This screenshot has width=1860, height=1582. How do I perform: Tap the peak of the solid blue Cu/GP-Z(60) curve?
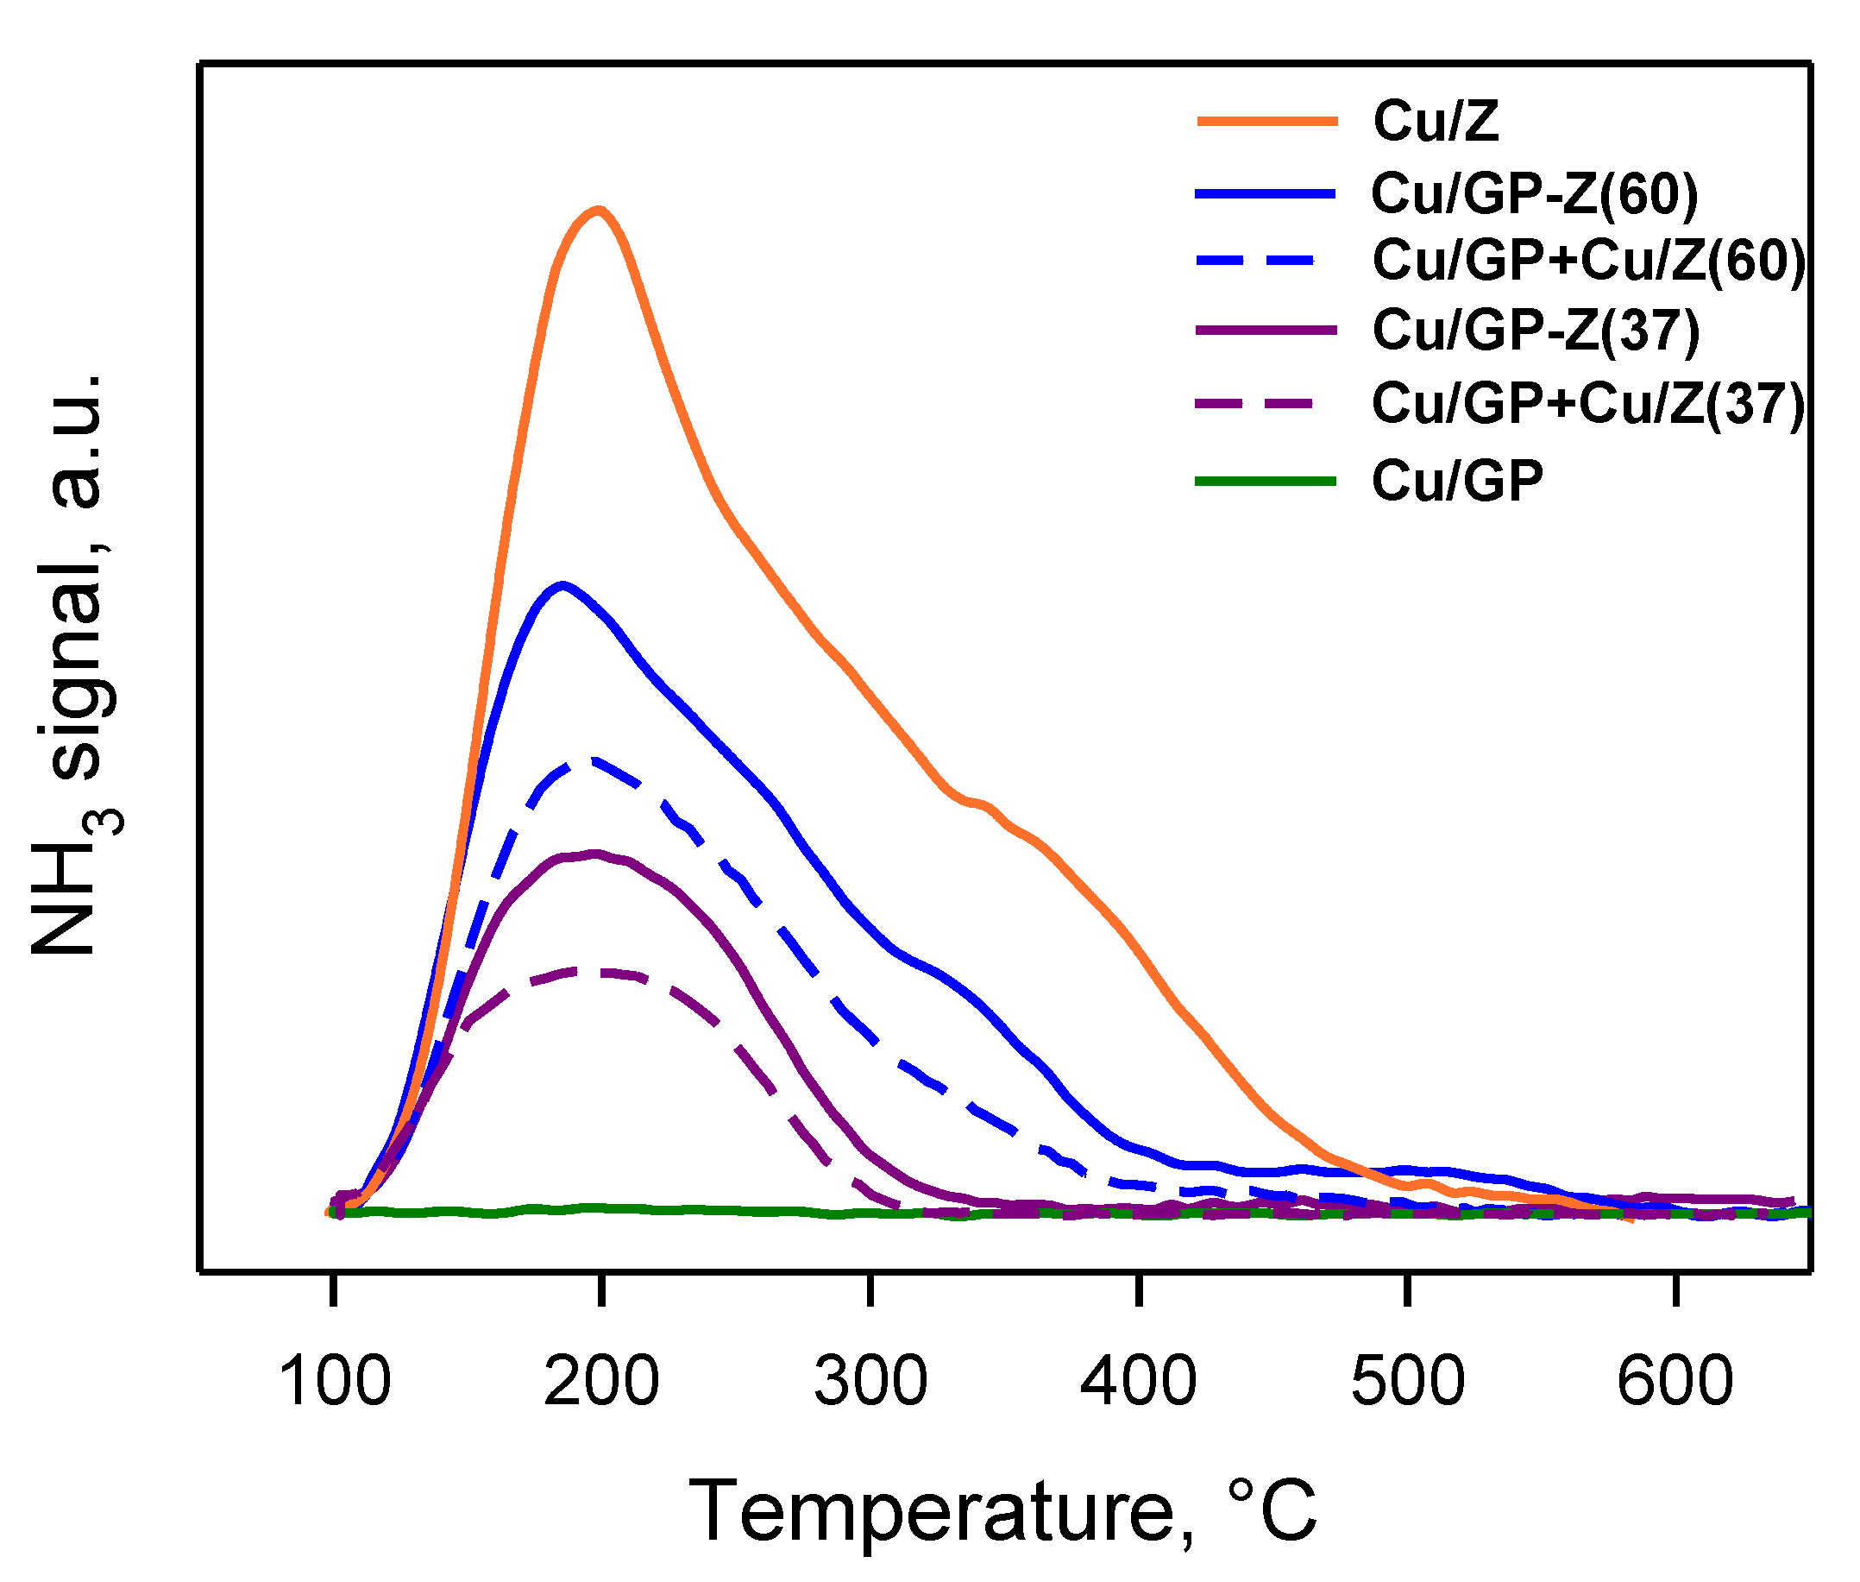click(562, 586)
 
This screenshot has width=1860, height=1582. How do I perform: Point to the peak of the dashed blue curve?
click(592, 759)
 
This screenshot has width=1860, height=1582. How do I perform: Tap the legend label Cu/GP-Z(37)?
click(1536, 330)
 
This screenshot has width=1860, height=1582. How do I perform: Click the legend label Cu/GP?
click(1457, 482)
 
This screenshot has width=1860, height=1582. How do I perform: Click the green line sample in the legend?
click(1266, 482)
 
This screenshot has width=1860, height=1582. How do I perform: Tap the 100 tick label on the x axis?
click(335, 1381)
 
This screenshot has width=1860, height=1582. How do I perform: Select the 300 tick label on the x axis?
click(870, 1381)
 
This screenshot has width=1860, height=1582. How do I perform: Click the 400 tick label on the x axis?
click(1139, 1381)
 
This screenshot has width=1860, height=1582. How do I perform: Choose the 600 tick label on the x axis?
click(1675, 1381)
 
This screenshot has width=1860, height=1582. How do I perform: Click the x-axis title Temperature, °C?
click(1002, 1513)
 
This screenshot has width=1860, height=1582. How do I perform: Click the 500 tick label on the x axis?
click(1407, 1381)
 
